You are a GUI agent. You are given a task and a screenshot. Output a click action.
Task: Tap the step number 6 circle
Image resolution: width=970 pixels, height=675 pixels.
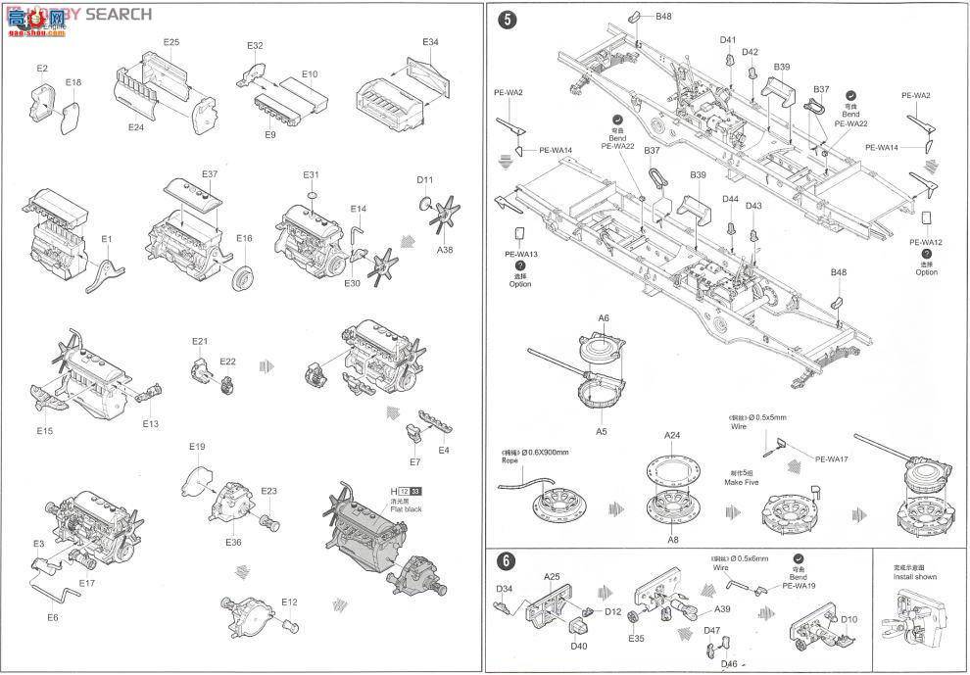[x=506, y=561]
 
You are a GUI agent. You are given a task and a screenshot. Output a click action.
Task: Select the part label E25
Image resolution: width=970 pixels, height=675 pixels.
[x=171, y=42]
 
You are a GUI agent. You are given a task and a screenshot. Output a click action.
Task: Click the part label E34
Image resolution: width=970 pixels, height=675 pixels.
[x=431, y=42]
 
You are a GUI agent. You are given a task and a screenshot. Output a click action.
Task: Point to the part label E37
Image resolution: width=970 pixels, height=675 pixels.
[x=210, y=174]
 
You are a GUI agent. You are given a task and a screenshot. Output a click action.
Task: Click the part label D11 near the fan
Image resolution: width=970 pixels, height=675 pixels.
[x=424, y=180]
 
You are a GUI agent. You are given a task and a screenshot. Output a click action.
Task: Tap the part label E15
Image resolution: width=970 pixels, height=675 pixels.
[x=45, y=430]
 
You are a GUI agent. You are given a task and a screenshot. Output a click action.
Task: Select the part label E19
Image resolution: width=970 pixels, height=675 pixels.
[x=197, y=447]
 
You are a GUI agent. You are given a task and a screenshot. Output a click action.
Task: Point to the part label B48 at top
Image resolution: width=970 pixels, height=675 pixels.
[x=663, y=17]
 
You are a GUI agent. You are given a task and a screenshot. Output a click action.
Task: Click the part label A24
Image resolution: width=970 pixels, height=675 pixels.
[x=672, y=435]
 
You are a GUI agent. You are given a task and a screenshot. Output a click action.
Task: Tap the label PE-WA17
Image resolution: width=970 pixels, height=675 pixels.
[x=830, y=459]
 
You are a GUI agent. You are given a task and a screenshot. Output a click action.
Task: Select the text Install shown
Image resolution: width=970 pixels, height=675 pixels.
[x=915, y=577]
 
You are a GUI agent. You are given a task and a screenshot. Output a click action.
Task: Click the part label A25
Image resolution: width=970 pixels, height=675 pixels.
[x=552, y=577]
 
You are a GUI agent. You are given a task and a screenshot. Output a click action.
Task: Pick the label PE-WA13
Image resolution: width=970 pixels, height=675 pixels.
[x=521, y=254]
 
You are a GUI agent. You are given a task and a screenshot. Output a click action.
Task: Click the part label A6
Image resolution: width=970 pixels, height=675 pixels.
[x=604, y=318]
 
